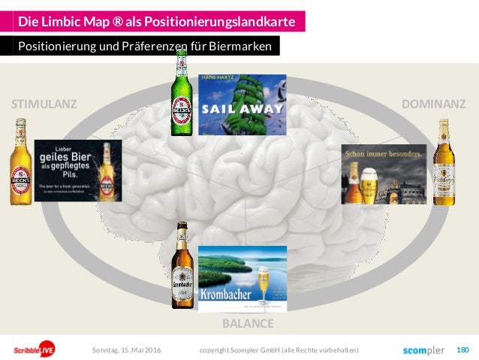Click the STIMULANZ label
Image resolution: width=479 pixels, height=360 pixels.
tap(44, 104)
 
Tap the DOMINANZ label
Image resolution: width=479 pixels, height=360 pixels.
tap(434, 104)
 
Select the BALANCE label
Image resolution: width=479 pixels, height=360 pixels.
tap(247, 324)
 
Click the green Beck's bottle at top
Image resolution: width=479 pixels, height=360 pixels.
tap(180, 93)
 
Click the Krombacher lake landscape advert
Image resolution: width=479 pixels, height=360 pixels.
tap(242, 277)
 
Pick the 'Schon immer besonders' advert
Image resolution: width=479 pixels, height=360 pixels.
tap(384, 174)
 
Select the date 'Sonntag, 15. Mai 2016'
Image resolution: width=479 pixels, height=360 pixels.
tap(126, 350)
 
